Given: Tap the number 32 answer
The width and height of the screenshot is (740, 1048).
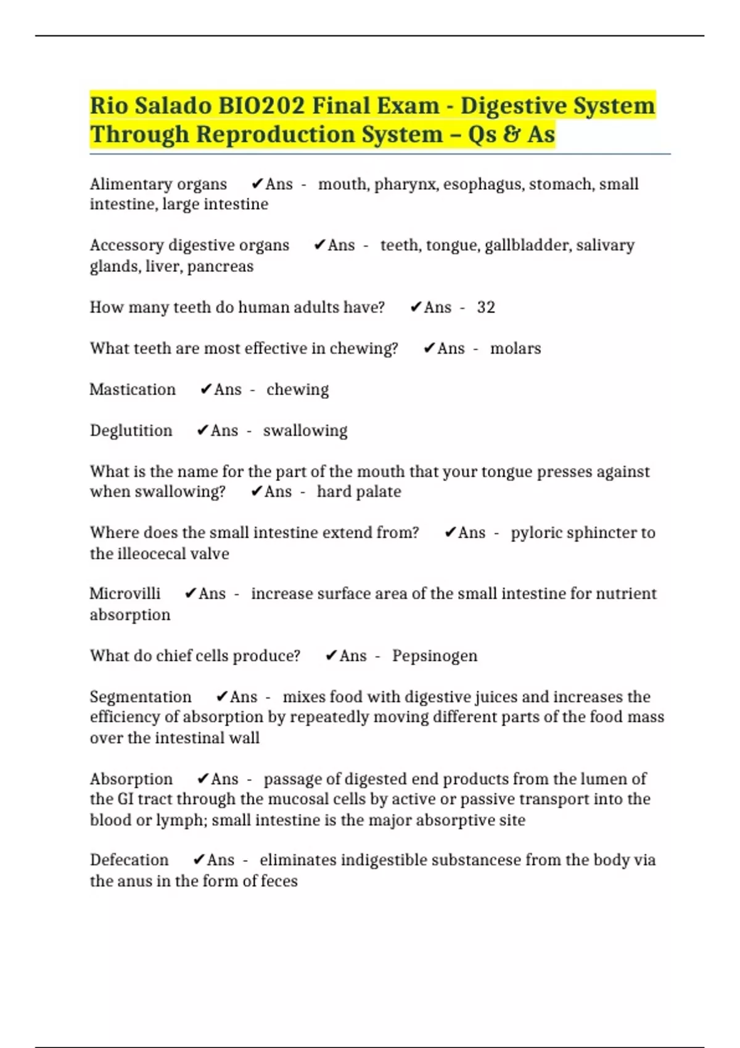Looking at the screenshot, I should coord(486,307).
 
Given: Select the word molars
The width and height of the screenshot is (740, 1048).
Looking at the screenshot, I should coord(516,348).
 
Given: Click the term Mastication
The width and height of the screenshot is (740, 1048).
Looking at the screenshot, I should coord(133,390).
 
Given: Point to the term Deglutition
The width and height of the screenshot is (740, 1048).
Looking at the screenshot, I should coord(131,430).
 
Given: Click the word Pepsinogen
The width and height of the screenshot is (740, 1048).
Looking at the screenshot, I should coord(435,655).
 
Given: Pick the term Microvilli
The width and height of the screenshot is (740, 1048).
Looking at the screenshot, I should coord(125,594).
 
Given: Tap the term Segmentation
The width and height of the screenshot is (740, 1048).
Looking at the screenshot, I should coord(141,697).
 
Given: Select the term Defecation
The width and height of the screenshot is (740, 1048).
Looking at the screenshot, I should coord(129,860).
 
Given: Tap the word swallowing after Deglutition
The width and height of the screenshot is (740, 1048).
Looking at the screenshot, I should coord(305,430).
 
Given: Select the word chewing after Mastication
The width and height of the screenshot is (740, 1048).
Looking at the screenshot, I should coord(297,390).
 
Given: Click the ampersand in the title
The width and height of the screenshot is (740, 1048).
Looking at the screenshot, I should coord(510,134).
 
